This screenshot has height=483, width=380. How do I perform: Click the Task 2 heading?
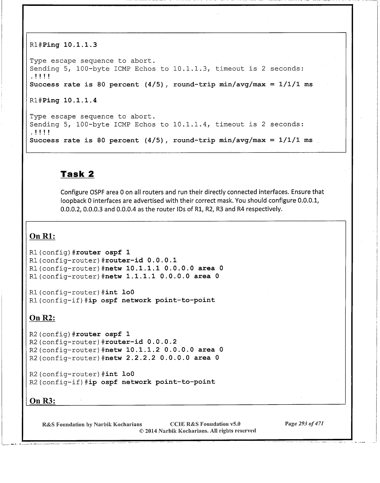(x=77, y=174)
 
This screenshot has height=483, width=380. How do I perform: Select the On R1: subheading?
(x=42, y=236)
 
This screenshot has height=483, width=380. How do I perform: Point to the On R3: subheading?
(x=42, y=401)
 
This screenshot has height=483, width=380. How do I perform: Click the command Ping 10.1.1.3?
(x=70, y=45)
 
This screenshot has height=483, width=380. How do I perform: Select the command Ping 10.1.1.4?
(x=70, y=101)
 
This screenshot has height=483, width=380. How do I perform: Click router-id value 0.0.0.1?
(x=162, y=260)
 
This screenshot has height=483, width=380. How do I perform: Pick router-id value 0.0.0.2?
(x=162, y=342)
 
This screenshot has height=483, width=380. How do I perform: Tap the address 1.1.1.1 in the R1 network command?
(x=141, y=276)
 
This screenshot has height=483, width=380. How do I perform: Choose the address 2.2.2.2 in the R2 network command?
(x=141, y=358)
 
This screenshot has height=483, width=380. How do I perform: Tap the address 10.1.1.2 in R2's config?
(x=143, y=350)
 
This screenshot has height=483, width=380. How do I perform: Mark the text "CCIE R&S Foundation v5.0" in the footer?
(x=205, y=424)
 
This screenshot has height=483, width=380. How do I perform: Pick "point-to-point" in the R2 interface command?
(x=185, y=382)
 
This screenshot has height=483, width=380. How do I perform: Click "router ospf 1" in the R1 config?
(x=103, y=252)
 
